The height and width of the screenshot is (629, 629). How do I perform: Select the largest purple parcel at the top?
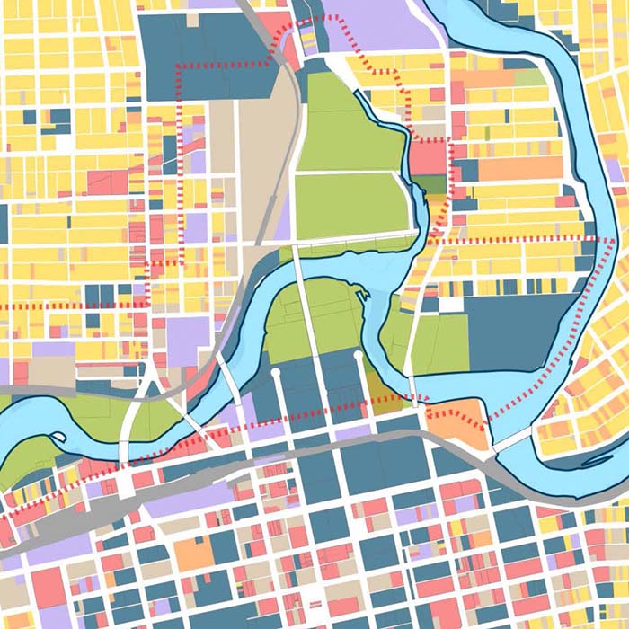point(377,22)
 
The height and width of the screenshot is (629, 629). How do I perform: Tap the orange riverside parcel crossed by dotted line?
point(458,422)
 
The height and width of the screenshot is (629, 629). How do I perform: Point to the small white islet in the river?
point(56,438)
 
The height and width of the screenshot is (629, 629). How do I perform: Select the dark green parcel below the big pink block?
point(431,184)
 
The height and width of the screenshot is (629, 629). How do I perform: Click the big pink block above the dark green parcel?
point(430,158)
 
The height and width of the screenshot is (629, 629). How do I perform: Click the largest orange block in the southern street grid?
point(194,554)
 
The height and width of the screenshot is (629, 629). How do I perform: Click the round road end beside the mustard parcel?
point(359,356)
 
